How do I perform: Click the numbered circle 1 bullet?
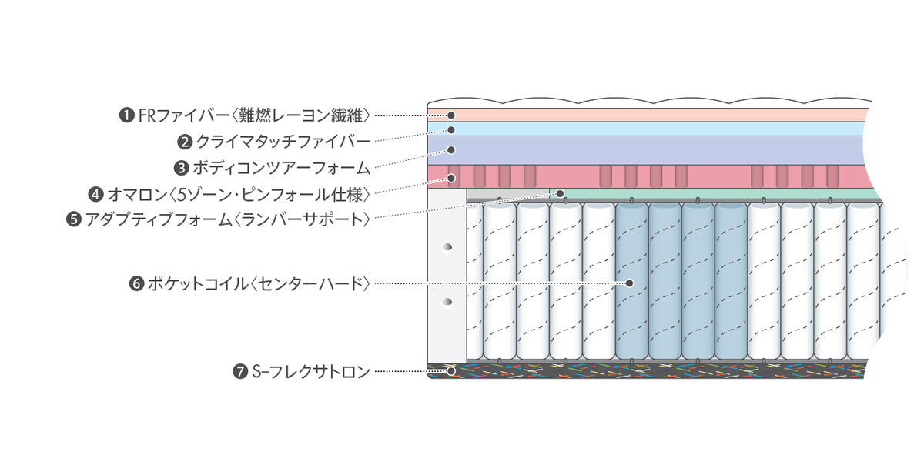point(126,115)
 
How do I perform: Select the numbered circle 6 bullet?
point(136,284)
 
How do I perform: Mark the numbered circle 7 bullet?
point(239,372)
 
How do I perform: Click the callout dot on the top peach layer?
point(452,115)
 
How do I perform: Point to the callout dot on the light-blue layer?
point(452,129)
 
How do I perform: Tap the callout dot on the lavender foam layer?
point(452,149)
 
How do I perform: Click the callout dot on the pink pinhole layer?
point(452,178)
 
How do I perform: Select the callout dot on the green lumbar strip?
point(561,193)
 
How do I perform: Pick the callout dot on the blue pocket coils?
point(629,283)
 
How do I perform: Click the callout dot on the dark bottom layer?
point(452,371)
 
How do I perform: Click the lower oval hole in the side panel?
point(445,303)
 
